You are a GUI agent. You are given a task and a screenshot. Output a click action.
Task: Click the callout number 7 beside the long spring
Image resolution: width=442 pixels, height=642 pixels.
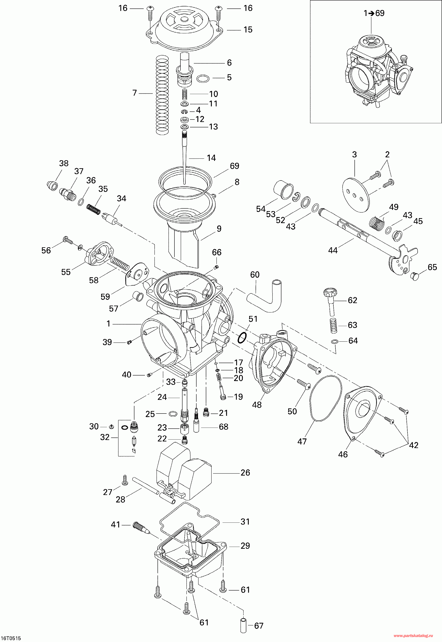point(135,93)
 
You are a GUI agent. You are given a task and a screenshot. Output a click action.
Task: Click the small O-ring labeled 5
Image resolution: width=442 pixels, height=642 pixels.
point(203,79)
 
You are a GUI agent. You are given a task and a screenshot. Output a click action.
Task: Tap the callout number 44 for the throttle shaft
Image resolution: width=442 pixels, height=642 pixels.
point(333,250)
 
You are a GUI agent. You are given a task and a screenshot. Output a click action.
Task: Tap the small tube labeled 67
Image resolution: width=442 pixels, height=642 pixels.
point(243,625)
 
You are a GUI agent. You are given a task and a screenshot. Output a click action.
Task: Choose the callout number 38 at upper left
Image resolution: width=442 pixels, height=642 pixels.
point(64,163)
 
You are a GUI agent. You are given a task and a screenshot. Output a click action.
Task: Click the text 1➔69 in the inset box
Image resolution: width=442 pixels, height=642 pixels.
point(374,13)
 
